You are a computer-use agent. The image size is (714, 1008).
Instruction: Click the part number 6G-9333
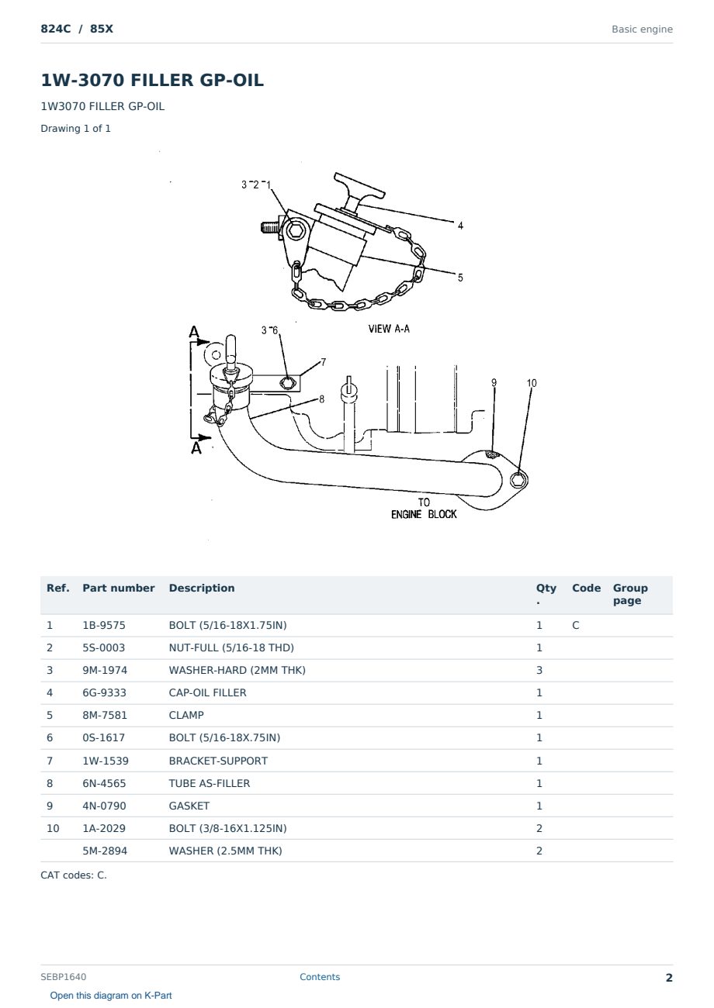tap(104, 692)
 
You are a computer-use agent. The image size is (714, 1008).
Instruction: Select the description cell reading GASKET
tap(189, 806)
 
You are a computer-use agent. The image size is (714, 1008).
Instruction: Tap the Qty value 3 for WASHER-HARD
tap(539, 670)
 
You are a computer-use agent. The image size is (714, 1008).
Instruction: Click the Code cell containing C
tap(575, 625)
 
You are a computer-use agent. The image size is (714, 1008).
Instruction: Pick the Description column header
tap(202, 588)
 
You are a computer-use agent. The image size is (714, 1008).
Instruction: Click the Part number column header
tap(119, 588)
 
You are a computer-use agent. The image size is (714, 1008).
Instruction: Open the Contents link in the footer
tap(320, 977)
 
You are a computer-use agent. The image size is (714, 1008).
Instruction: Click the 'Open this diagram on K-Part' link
tap(111, 996)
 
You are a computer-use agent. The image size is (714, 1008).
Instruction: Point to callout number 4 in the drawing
tap(460, 226)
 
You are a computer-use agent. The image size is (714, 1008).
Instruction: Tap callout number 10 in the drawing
tap(532, 383)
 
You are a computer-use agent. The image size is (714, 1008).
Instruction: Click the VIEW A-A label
tap(389, 329)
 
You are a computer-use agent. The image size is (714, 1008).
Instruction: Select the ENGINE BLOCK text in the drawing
tap(424, 514)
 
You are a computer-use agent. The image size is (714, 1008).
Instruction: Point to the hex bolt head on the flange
tap(518, 480)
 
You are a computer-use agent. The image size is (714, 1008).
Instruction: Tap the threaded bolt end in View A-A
tap(269, 227)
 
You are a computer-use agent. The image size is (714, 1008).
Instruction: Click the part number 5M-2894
tap(105, 851)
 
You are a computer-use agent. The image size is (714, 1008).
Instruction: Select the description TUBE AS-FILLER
tap(210, 783)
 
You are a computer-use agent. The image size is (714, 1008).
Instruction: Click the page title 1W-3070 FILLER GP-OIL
tap(152, 80)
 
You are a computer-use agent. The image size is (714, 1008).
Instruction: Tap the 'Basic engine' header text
tap(642, 29)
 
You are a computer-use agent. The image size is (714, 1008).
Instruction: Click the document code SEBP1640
tap(64, 977)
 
